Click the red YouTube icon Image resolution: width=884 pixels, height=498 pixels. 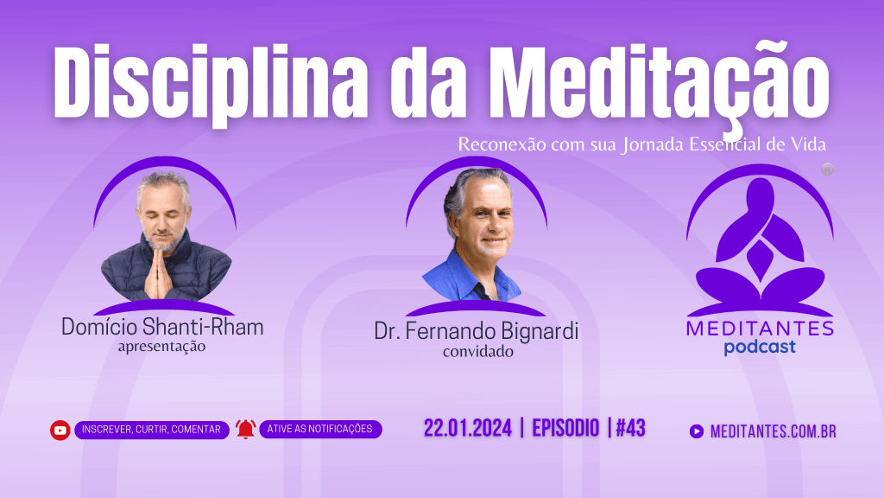tap(60, 431)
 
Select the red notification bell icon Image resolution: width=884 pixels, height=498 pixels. tap(246, 429)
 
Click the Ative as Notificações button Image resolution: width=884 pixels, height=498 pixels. tap(320, 429)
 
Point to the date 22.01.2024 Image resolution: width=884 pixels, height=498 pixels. tap(467, 428)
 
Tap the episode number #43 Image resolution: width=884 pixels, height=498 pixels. tap(631, 428)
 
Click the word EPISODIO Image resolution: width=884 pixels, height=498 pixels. tap(565, 428)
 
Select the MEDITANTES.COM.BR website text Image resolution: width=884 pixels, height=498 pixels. tap(773, 432)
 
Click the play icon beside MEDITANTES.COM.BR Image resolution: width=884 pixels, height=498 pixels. tap(697, 431)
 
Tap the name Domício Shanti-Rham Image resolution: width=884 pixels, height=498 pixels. tap(162, 328)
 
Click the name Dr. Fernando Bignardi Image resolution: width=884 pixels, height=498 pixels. tap(477, 331)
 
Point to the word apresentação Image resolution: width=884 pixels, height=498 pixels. tap(161, 346)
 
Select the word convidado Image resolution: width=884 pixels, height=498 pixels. tap(478, 352)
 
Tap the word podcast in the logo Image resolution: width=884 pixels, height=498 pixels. tap(760, 347)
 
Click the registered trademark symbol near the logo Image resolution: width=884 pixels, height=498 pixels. tap(827, 169)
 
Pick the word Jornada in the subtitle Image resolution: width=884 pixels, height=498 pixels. tap(653, 144)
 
